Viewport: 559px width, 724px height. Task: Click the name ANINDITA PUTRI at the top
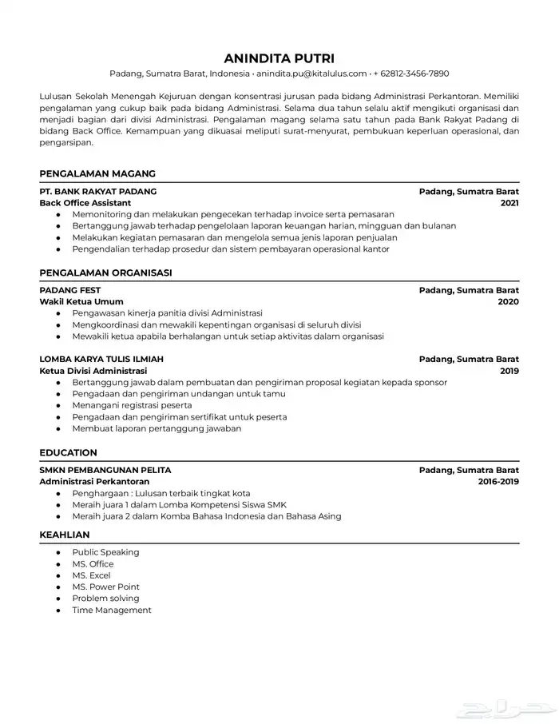[279, 58]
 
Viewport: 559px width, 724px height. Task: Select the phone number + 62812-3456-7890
[410, 74]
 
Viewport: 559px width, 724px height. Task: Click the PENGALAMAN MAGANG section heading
[97, 173]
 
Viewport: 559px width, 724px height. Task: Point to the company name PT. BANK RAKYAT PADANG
[97, 192]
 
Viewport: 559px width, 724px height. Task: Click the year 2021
[509, 203]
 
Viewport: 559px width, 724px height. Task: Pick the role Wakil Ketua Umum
[81, 302]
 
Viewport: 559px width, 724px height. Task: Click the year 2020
[509, 302]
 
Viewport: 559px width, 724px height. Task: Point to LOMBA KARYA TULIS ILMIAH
[101, 360]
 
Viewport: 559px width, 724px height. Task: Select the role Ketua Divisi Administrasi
[93, 371]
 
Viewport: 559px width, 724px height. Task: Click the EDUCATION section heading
[68, 452]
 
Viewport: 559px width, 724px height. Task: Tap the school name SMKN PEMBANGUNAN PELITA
[105, 471]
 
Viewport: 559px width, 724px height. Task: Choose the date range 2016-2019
[498, 482]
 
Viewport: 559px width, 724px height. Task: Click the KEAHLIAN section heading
[65, 535]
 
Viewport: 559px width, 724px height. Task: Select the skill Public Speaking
[105, 552]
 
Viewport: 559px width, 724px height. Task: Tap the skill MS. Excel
[91, 575]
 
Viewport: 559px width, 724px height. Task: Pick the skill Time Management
[111, 611]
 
